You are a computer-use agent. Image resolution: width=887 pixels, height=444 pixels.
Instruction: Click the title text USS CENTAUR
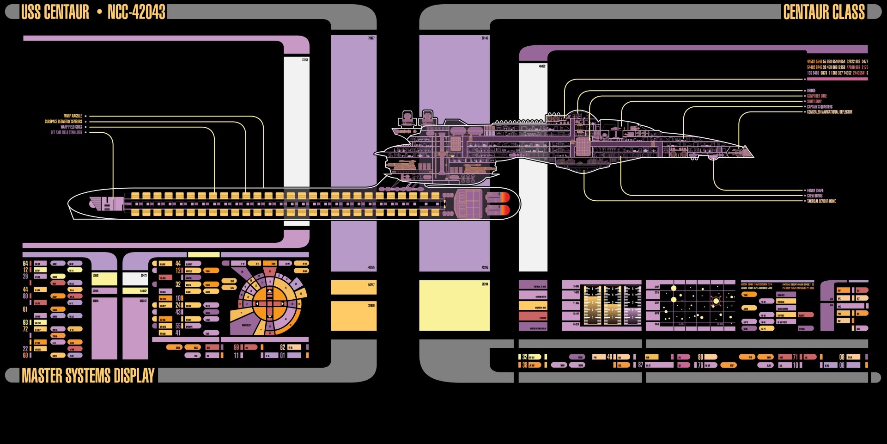pos(55,12)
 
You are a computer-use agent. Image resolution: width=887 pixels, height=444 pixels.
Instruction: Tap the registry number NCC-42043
pos(136,12)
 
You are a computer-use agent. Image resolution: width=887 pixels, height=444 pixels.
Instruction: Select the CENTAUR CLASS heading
pos(824,12)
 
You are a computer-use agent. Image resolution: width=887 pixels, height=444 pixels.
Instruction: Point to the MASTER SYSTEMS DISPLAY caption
pos(88,376)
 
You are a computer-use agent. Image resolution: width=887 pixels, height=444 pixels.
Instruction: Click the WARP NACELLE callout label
pos(73,116)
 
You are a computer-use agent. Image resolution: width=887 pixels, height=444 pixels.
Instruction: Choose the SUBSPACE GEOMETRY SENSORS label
pos(63,122)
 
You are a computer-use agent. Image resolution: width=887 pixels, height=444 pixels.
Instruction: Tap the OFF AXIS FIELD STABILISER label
pos(67,132)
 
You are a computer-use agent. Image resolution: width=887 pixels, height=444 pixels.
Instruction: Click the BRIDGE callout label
pos(811,91)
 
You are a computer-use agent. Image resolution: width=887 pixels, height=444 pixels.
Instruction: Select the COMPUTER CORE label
pos(817,96)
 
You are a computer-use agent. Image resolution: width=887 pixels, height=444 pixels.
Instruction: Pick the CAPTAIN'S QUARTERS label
pos(820,107)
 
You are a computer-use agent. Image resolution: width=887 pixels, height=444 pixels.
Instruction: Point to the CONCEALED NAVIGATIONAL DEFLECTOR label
pos(829,112)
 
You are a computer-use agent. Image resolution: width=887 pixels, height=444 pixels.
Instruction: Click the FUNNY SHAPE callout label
pos(815,191)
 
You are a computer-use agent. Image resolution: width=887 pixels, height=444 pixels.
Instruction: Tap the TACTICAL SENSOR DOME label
pos(821,201)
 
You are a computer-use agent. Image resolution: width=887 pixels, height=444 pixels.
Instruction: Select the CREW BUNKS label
pos(814,196)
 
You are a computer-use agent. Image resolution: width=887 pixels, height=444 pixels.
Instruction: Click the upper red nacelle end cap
pos(505,197)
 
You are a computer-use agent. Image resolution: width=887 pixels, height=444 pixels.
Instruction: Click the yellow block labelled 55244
pos(454,305)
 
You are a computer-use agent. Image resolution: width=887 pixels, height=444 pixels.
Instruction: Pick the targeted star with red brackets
pos(716,301)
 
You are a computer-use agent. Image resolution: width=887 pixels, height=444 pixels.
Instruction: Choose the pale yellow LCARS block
pos(104,278)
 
